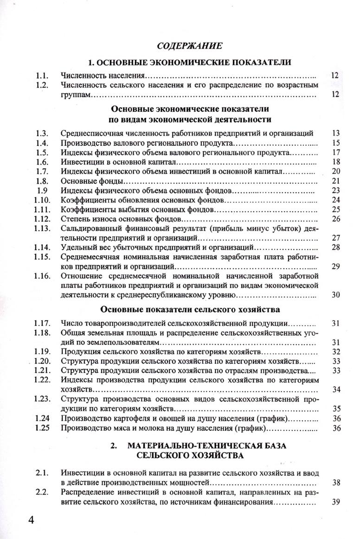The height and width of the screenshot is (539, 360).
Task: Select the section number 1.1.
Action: (x=42, y=75)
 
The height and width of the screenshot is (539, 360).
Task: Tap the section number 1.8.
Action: (x=42, y=181)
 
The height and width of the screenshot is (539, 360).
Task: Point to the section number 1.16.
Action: (x=42, y=276)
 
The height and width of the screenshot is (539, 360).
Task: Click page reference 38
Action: (x=337, y=483)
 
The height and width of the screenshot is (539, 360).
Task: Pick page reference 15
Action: (x=337, y=143)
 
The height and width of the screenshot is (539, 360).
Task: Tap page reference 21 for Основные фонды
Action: (x=337, y=181)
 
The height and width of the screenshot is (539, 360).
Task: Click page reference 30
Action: (x=337, y=295)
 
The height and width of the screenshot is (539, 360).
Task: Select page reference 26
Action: (x=337, y=219)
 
